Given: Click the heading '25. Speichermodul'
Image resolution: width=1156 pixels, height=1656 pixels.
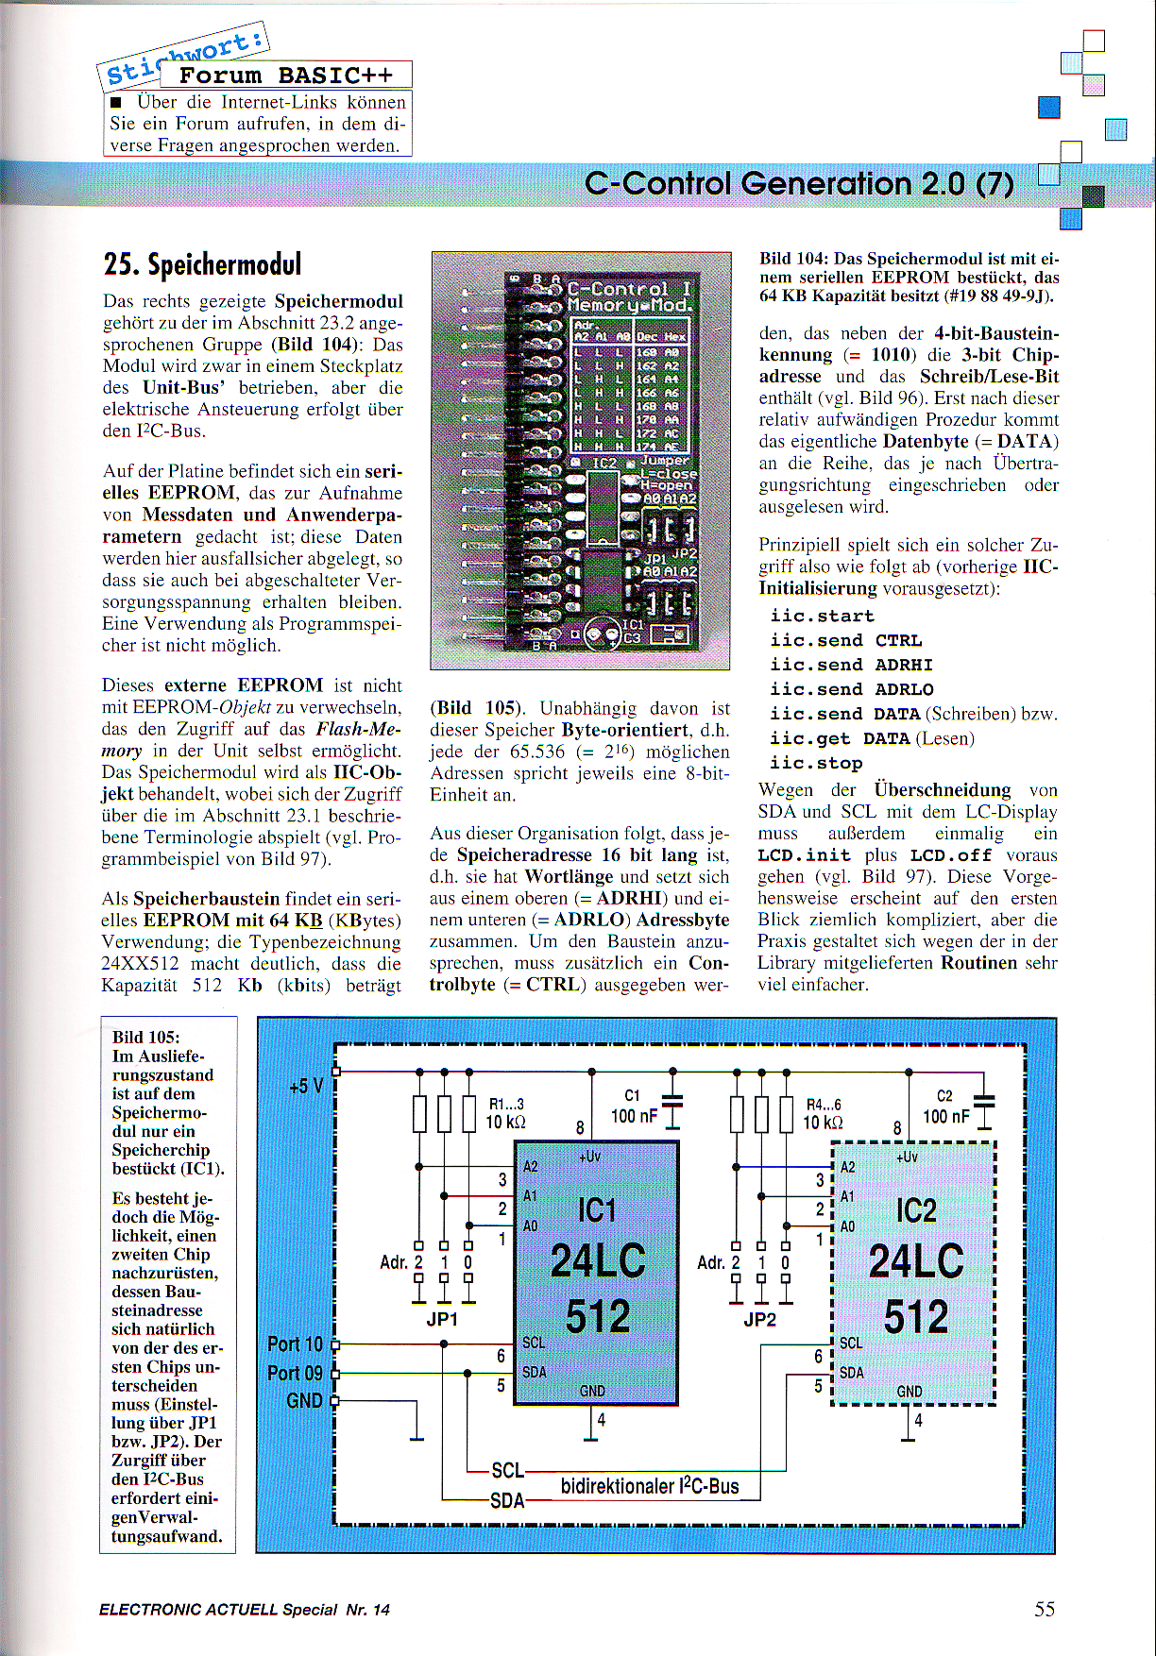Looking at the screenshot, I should [x=202, y=264].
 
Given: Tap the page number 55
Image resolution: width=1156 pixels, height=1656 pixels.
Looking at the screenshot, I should [x=1044, y=1609].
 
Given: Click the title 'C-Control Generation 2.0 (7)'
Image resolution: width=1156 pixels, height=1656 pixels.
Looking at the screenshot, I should [x=799, y=183].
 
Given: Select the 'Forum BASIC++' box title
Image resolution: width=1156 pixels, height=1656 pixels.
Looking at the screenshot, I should [x=285, y=76].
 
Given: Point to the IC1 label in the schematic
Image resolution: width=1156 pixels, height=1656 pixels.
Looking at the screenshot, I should [x=597, y=1209].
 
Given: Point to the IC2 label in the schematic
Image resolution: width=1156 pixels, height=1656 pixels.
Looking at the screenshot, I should [x=915, y=1209].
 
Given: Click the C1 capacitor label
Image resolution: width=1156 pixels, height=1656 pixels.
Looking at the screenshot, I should [x=632, y=1095].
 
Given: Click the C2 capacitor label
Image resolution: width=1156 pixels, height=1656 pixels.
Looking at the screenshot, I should [x=944, y=1095].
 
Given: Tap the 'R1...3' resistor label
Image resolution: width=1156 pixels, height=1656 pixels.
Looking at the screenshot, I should [x=506, y=1104].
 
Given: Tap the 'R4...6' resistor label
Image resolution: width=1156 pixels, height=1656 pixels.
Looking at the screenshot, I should [x=824, y=1104].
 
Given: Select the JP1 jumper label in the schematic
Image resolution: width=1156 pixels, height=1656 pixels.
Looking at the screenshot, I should [x=442, y=1319].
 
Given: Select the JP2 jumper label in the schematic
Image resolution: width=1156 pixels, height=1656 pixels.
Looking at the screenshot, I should [x=759, y=1319].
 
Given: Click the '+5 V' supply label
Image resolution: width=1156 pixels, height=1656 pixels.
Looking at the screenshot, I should [x=306, y=1086].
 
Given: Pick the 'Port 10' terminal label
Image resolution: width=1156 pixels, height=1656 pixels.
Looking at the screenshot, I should [x=295, y=1343].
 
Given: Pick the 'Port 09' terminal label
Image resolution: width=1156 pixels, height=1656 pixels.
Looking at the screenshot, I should [x=295, y=1373].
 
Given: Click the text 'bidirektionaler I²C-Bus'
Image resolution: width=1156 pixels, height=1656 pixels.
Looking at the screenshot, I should [x=650, y=1486].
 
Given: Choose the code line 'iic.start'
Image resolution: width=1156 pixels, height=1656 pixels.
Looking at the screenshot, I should [x=822, y=616].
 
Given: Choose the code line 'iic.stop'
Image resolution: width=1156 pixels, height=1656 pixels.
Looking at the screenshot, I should [x=816, y=763].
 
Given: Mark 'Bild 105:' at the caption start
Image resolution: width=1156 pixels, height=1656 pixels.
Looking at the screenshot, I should [x=145, y=1037].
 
